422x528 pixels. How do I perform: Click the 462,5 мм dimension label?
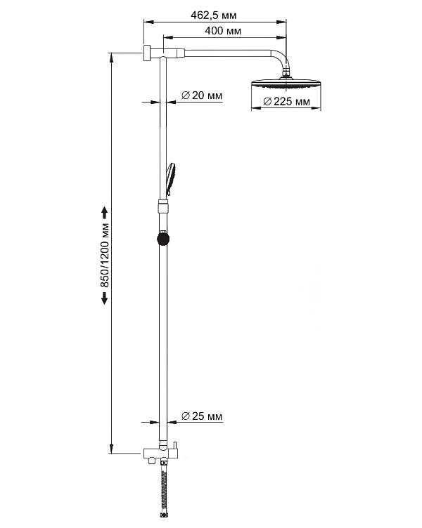pyautogui.click(x=214, y=14)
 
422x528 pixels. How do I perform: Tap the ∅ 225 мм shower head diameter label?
pyautogui.click(x=286, y=103)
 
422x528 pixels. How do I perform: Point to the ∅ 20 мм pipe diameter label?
pyautogui.click(x=202, y=96)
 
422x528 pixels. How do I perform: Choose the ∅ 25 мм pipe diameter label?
pyautogui.click(x=202, y=416)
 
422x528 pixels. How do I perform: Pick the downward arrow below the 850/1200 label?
pyautogui.click(x=105, y=298)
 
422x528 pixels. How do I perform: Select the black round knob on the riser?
pyautogui.click(x=163, y=238)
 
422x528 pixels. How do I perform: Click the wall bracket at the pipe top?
pyautogui.click(x=148, y=53)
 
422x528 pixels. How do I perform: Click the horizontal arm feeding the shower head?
pyautogui.click(x=225, y=52)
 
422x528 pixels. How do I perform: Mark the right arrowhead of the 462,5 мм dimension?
pyautogui.click(x=285, y=21)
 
